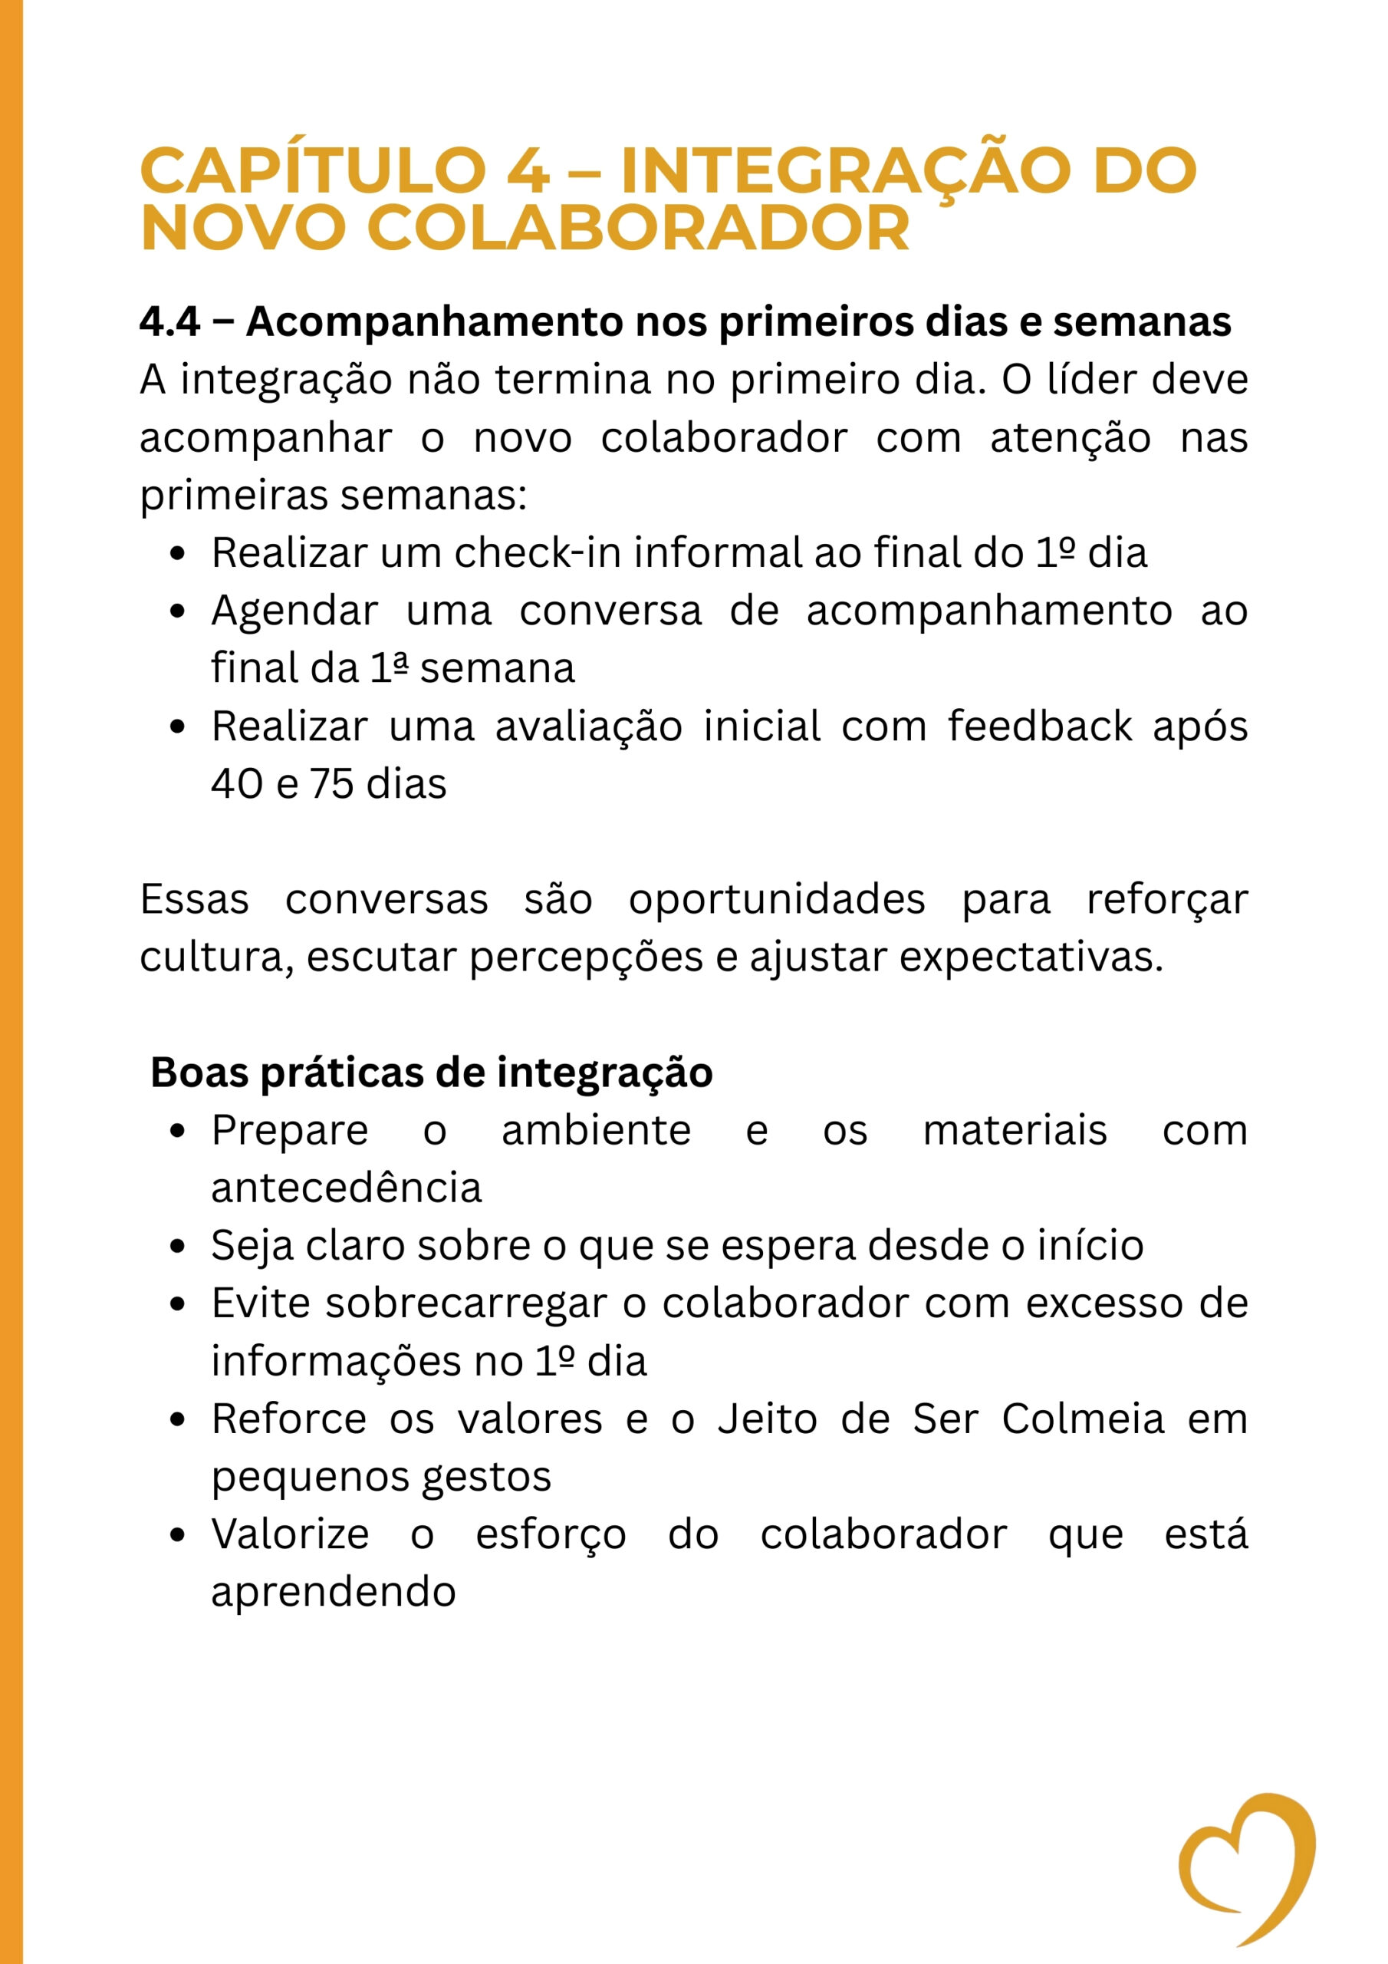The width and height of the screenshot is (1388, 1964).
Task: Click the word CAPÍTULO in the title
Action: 313,171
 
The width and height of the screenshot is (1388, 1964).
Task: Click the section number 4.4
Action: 169,322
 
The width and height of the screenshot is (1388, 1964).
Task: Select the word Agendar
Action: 294,611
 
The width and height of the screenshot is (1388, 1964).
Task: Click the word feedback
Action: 1039,727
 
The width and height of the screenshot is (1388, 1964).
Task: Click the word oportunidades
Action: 777,900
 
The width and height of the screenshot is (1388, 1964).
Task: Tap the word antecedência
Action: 347,1188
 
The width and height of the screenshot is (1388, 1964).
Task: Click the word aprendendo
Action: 334,1593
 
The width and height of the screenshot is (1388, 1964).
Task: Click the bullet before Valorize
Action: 178,1535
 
